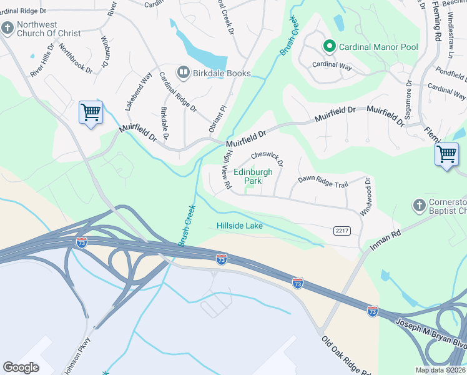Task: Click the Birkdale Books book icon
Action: [184, 73]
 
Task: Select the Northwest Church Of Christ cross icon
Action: [7, 28]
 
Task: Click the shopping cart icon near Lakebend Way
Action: [91, 112]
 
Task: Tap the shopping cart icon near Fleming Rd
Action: [446, 154]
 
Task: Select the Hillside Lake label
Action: [239, 226]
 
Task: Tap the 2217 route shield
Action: [342, 231]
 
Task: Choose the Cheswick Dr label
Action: [268, 159]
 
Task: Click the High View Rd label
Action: [226, 177]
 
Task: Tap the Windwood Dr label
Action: [365, 197]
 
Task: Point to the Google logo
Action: [21, 367]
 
